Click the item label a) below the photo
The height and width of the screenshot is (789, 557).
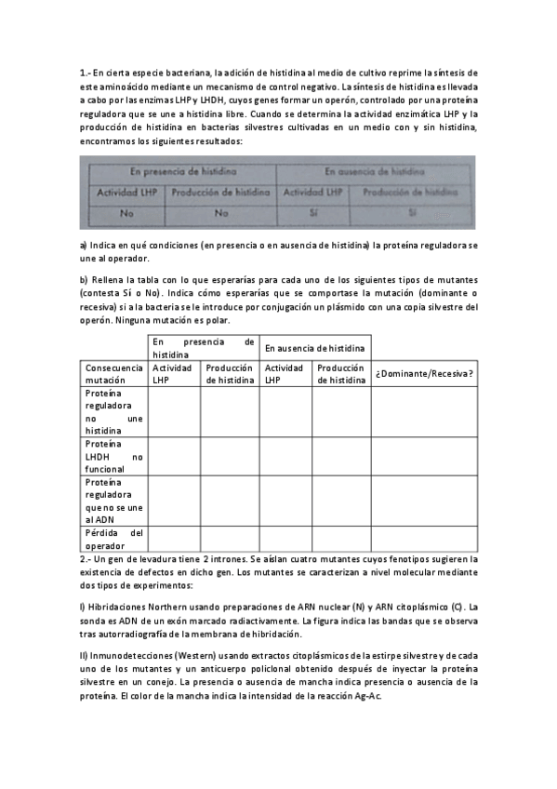click(x=84, y=245)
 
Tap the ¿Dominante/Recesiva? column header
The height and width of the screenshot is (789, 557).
click(x=424, y=373)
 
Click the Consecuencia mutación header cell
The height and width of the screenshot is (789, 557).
click(x=112, y=373)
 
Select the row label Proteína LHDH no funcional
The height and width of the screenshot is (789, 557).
click(x=113, y=457)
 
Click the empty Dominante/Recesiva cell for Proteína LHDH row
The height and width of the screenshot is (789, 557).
click(x=424, y=457)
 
